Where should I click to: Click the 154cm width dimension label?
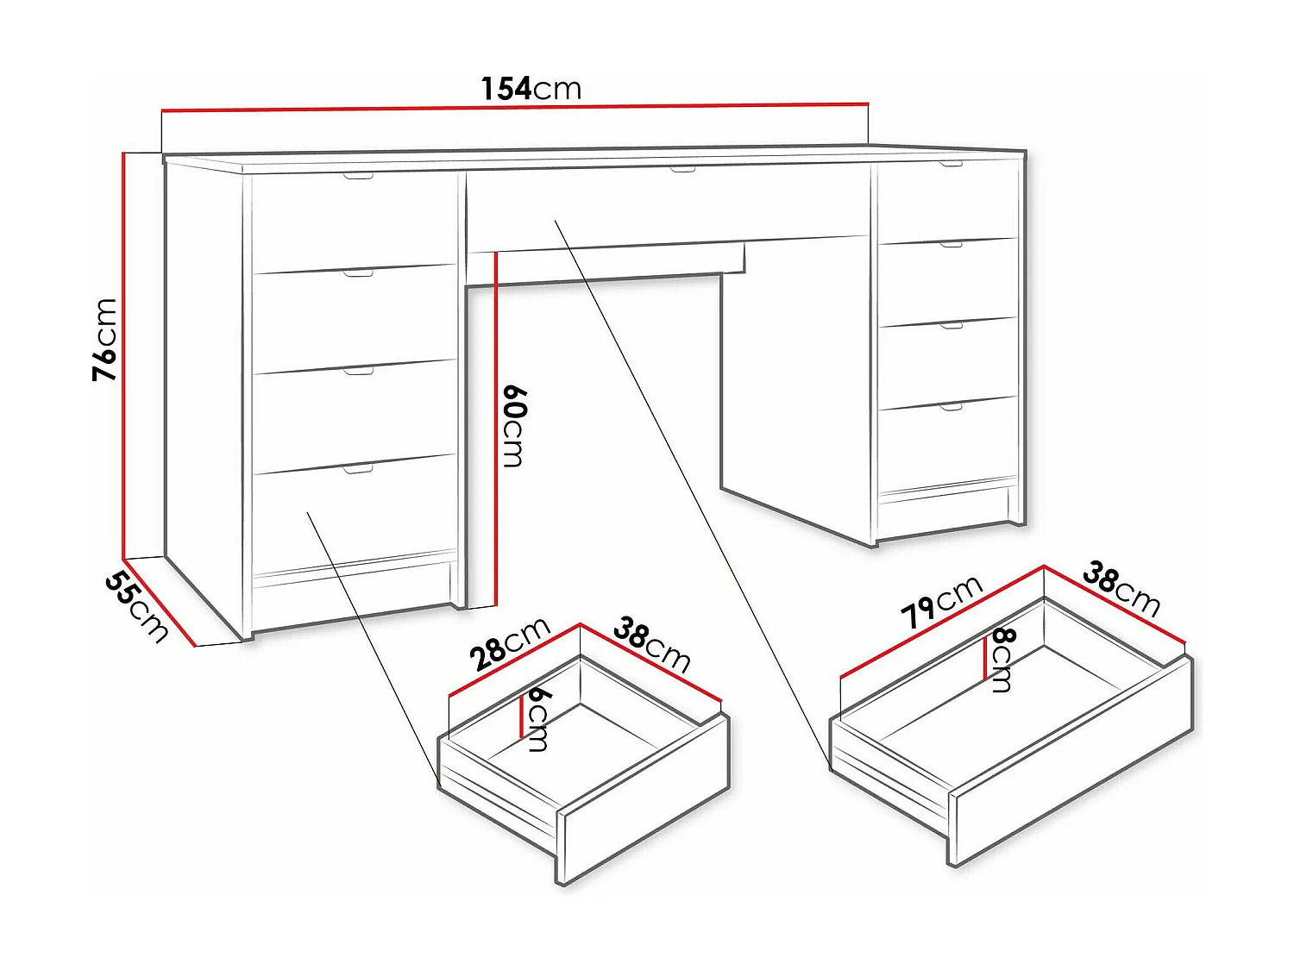tap(531, 89)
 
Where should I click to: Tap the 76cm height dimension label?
tap(105, 339)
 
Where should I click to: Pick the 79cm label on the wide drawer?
tap(941, 602)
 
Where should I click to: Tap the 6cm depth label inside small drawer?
tap(538, 717)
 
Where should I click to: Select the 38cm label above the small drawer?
tap(652, 646)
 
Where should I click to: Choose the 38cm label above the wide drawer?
tap(1121, 589)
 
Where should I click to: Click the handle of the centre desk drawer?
tap(682, 169)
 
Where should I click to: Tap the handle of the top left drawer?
tap(358, 176)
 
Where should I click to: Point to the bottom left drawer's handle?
tap(358, 469)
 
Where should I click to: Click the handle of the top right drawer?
tap(952, 163)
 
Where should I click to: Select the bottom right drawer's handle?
tap(952, 406)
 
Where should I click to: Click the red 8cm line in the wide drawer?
tap(985, 659)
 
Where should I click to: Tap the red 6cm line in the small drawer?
tap(522, 717)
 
